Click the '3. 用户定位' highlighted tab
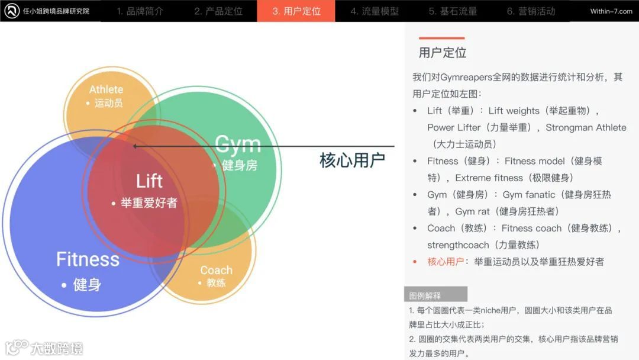point(296,11)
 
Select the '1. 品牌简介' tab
point(140,11)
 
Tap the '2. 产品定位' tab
point(218,11)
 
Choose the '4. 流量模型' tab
point(374,11)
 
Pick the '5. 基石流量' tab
point(453,11)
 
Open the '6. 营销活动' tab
point(531,11)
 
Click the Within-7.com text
point(611,11)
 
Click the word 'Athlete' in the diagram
point(106,89)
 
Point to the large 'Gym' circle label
point(237,144)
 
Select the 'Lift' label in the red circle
point(149,181)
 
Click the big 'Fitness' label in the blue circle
point(88,259)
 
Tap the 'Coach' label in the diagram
point(216,270)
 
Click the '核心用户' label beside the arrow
point(352,160)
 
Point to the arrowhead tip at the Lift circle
point(134,146)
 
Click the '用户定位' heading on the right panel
point(443,53)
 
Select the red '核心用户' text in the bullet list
point(446,262)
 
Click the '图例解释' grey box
point(435,295)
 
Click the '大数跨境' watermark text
point(57,348)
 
